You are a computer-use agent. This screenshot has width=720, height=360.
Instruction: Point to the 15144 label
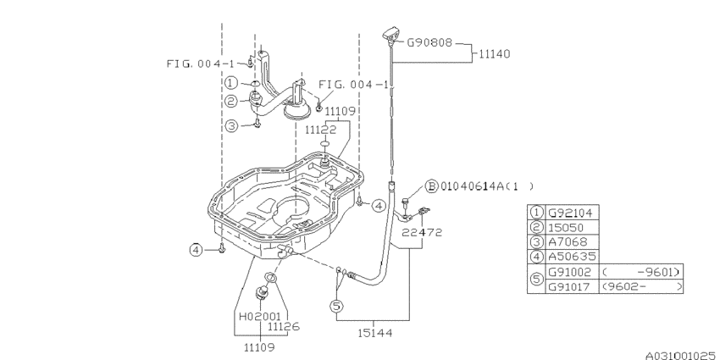tap(372, 333)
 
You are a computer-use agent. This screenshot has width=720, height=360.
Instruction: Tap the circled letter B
tap(430, 185)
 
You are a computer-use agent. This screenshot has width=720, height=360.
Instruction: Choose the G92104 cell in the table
tap(572, 213)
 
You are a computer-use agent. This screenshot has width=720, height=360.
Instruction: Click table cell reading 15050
tap(568, 227)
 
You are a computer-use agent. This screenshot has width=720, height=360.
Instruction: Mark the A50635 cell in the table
tap(572, 257)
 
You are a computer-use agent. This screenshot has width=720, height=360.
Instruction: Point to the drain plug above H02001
tap(262, 292)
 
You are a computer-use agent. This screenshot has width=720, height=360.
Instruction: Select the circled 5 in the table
tap(536, 279)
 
